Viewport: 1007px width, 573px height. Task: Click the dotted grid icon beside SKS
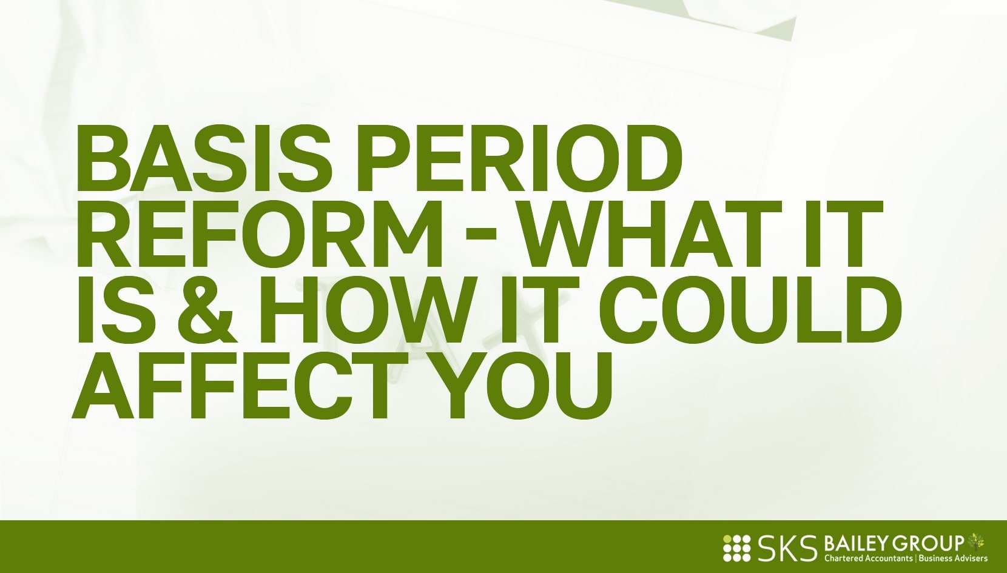point(737,548)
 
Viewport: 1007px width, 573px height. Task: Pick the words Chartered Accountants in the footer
point(867,558)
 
